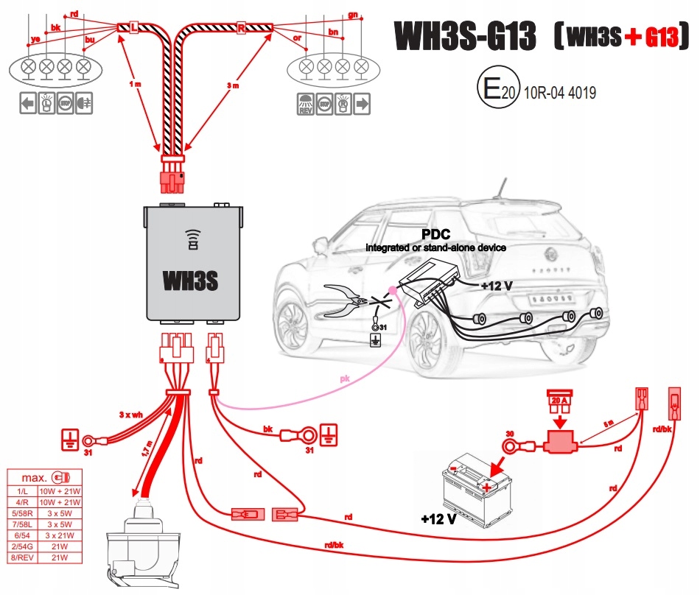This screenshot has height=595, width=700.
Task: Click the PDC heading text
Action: tap(435, 234)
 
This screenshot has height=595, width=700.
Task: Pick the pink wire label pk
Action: tap(345, 379)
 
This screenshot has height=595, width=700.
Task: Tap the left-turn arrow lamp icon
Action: tap(27, 104)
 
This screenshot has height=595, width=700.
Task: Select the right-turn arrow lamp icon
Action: tap(362, 104)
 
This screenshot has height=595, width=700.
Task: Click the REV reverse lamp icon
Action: tap(305, 104)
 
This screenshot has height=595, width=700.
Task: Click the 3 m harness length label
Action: tap(233, 85)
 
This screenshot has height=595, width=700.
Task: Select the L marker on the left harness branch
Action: tap(133, 28)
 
